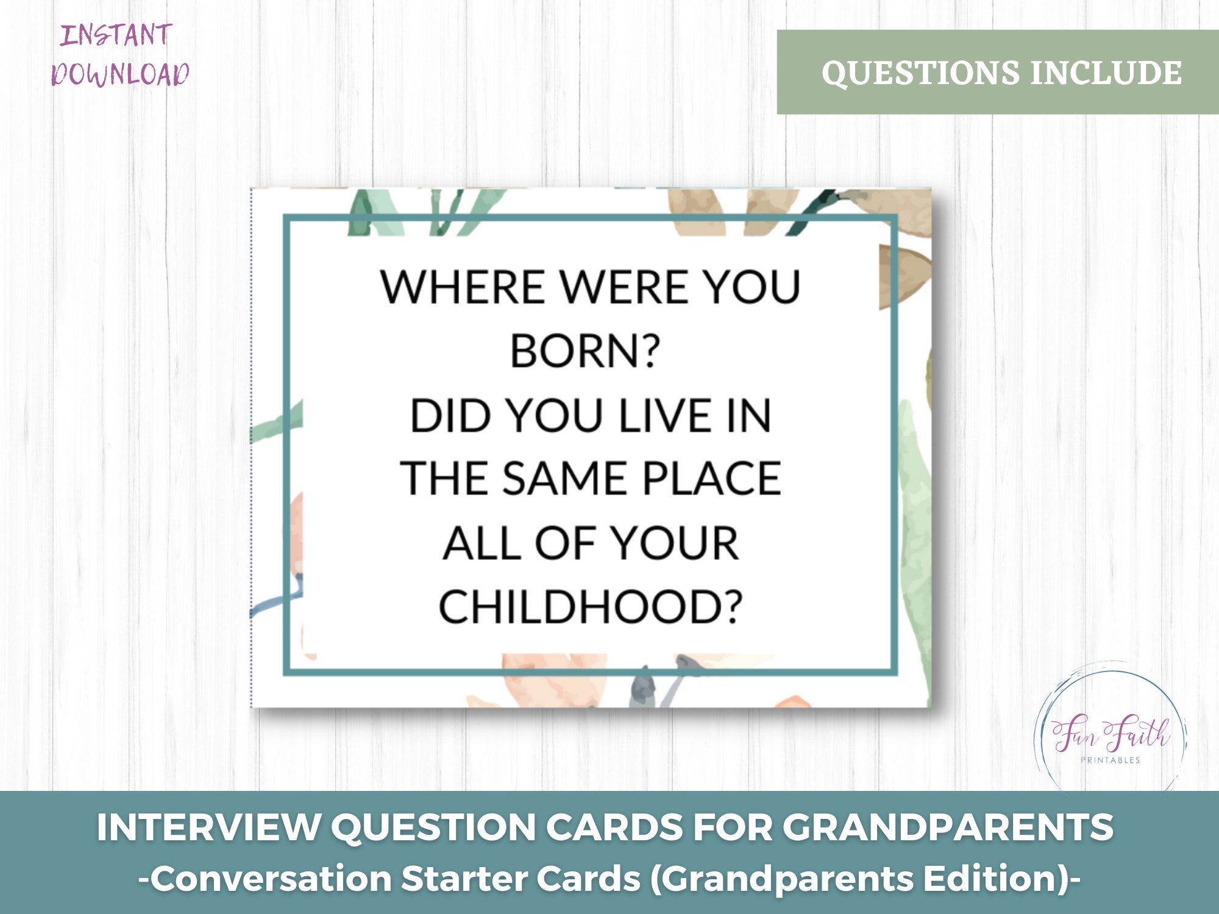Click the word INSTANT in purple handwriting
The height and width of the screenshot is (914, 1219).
click(x=116, y=35)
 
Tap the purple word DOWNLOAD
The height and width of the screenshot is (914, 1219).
click(x=120, y=74)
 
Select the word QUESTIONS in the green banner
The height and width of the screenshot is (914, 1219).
click(x=920, y=73)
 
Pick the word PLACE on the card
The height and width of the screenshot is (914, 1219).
click(x=711, y=479)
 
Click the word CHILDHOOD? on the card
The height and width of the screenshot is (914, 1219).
click(x=591, y=607)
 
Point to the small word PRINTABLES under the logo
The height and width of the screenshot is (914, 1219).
click(x=1110, y=760)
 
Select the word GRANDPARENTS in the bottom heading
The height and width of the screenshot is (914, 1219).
click(x=948, y=828)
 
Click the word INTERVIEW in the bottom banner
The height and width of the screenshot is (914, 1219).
click(x=208, y=828)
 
